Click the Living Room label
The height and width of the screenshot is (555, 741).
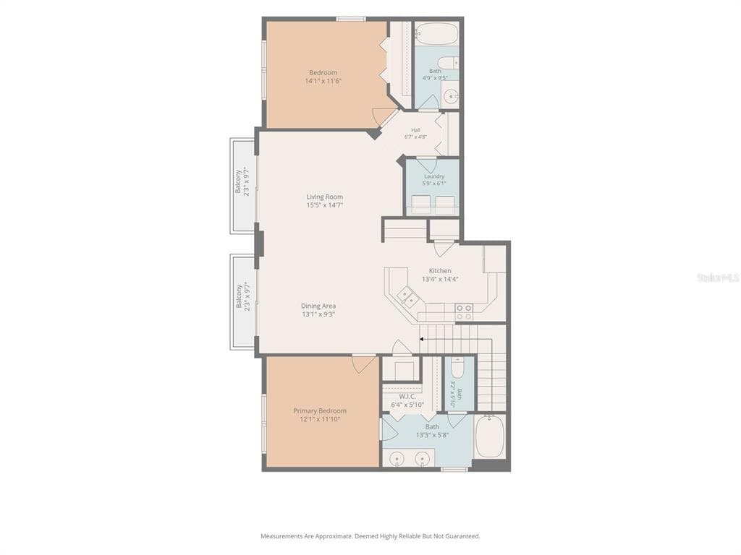pos(325,197)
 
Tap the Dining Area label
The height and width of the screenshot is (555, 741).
pos(318,306)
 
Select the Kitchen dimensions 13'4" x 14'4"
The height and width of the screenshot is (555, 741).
pos(441,279)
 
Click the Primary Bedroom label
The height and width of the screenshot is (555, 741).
pos(320,410)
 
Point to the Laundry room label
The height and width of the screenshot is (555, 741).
pos(434,176)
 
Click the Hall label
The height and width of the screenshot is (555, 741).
pos(415,130)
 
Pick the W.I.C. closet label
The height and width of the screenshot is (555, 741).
pos(407,397)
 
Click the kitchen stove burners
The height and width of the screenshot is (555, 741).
pos(464,312)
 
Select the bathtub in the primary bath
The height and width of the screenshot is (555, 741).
pos(490,436)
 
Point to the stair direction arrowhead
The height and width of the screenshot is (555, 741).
pos(422,338)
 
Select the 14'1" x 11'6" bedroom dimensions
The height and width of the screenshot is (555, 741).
pos(323,81)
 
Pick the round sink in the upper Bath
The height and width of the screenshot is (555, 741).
pos(452,96)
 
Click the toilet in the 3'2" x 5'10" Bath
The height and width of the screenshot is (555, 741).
pos(457,366)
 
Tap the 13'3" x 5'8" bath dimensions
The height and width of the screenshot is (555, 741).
pos(433,435)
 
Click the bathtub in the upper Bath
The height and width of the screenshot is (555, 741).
pos(436,33)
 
